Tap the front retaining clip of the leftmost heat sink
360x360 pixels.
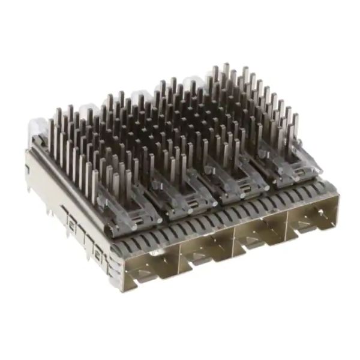pyautogui.click(x=130, y=207)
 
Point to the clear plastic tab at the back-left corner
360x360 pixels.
pyautogui.click(x=38, y=128)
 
